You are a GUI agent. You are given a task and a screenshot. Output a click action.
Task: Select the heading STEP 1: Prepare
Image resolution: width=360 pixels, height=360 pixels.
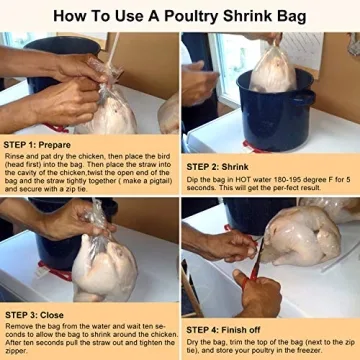click(x=44, y=145)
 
